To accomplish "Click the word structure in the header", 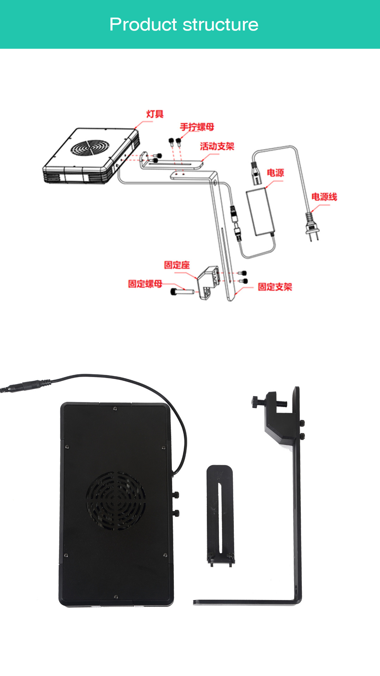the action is click(x=221, y=25).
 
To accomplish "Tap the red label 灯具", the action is click(x=155, y=114).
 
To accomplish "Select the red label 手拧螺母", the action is click(x=197, y=127).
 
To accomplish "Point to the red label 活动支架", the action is click(x=217, y=146).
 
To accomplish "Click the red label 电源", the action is click(x=275, y=173).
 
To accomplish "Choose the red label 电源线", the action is click(x=324, y=196).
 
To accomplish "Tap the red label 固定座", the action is click(x=177, y=265).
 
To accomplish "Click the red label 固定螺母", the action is click(x=145, y=283).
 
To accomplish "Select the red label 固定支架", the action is click(x=275, y=287).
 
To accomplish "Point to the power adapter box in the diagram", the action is click(x=261, y=212).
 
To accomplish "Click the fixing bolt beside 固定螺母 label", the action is click(x=182, y=292).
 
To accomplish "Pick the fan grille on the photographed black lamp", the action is click(x=116, y=501).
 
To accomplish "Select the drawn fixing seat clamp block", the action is click(x=208, y=282).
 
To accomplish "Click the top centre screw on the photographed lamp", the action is click(x=115, y=408).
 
